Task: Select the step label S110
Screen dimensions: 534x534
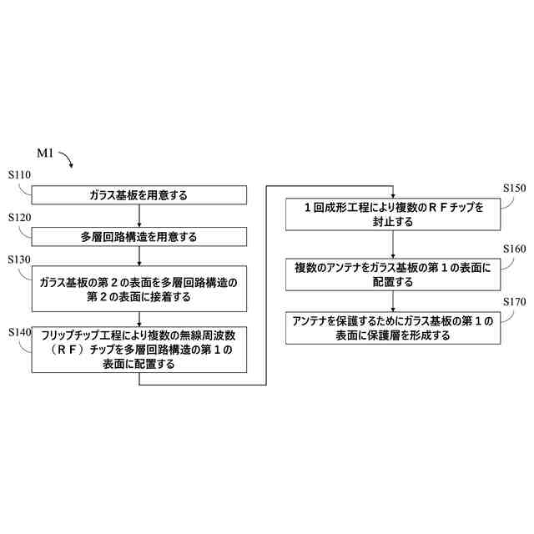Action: click(19, 176)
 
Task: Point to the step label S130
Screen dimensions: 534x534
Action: click(19, 259)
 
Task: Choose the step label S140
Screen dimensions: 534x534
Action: click(19, 331)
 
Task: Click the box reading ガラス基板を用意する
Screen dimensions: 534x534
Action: click(139, 195)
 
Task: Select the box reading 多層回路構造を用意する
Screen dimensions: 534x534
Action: click(139, 236)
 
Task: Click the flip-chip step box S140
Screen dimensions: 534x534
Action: click(139, 349)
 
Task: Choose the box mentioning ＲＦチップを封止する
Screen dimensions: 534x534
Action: click(393, 214)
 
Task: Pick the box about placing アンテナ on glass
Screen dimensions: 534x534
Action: click(393, 275)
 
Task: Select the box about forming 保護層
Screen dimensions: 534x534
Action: click(393, 328)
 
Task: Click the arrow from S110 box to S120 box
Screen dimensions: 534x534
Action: click(139, 215)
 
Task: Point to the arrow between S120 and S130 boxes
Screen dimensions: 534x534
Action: click(139, 256)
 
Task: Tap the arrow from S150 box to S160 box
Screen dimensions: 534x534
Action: click(393, 244)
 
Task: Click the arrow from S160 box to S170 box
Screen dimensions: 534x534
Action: click(393, 302)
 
